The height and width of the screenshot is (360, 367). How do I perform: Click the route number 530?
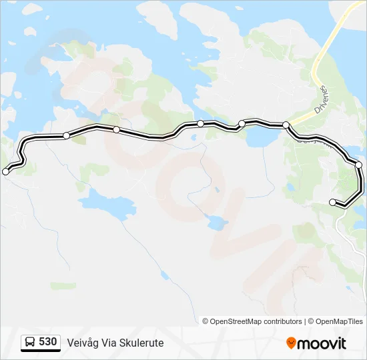point(48,342)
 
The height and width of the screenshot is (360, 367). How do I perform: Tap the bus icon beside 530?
point(30,343)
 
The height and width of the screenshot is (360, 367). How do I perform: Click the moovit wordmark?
point(322,343)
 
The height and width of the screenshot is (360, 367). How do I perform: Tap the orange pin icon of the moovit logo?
point(291,343)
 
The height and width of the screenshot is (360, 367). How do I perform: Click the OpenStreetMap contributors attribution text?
point(256,321)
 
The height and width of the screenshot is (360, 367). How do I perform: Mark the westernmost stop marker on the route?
point(6,171)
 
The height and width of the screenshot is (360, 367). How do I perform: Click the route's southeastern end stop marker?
point(333,202)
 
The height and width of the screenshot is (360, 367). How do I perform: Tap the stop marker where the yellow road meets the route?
point(286,125)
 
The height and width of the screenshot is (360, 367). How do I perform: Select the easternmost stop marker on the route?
point(358,165)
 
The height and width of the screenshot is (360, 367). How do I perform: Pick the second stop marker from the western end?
point(66,135)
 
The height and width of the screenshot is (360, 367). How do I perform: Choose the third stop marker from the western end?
point(116,129)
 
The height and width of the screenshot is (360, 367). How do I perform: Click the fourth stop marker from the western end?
point(200,123)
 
